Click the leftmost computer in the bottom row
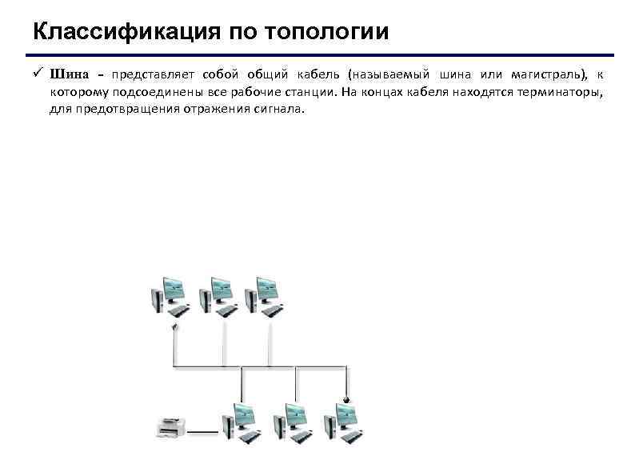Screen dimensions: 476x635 click(x=242, y=422)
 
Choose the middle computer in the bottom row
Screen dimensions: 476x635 click(x=290, y=422)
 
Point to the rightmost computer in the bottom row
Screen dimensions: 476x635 click(x=341, y=422)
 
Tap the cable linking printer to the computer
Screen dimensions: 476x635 click(x=203, y=434)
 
